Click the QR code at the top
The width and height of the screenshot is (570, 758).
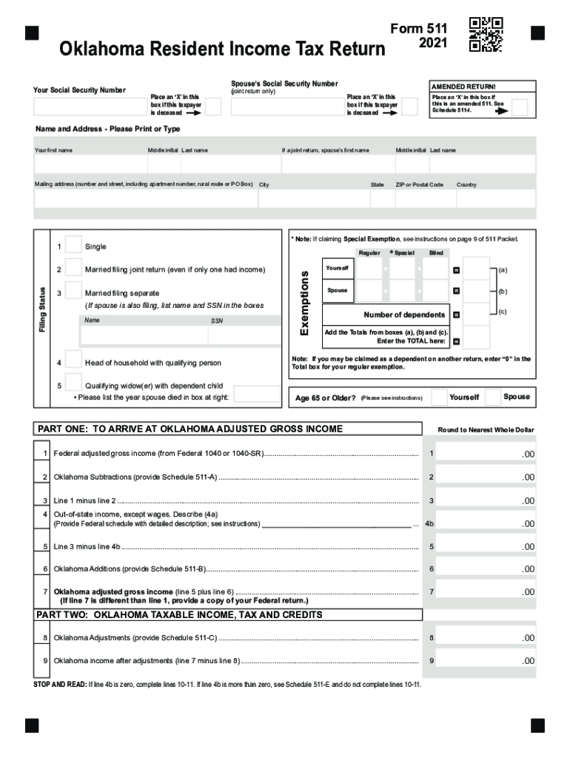click(486, 34)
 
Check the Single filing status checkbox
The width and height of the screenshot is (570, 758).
click(73, 245)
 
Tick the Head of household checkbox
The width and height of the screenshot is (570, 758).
click(73, 360)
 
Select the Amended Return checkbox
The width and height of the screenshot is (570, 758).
click(520, 108)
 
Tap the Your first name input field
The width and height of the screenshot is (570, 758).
click(89, 164)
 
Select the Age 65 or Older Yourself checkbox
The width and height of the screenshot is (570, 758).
click(439, 397)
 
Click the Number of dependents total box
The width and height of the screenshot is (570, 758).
click(477, 315)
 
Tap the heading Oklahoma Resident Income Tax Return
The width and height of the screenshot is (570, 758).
click(222, 50)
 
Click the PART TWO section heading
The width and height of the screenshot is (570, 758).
click(179, 615)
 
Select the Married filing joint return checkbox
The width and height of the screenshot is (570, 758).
click(73, 267)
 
